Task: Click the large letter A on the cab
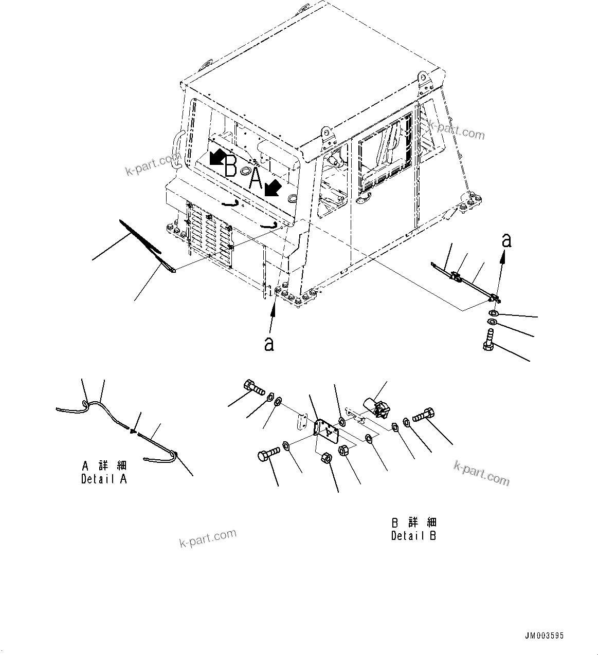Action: pyautogui.click(x=256, y=179)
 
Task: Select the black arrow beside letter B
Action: pyautogui.click(x=217, y=157)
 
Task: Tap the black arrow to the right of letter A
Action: pyautogui.click(x=273, y=188)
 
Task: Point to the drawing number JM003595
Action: pyautogui.click(x=545, y=635)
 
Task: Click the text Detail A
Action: pyautogui.click(x=104, y=479)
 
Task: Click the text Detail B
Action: pyautogui.click(x=413, y=536)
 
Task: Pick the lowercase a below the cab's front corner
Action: pyautogui.click(x=269, y=344)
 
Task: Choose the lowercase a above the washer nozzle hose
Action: pyautogui.click(x=506, y=240)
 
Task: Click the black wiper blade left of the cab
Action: pyautogui.click(x=139, y=236)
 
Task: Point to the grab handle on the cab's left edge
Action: pyautogui.click(x=178, y=149)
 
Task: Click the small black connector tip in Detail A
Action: pyautogui.click(x=134, y=433)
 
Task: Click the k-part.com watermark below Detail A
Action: pyautogui.click(x=208, y=538)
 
